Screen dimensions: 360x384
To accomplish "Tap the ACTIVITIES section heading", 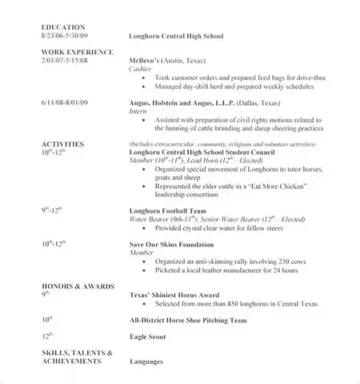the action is (x=62, y=137).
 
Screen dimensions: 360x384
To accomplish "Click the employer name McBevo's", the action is (x=145, y=61).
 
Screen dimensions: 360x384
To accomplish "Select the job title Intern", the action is (x=139, y=113).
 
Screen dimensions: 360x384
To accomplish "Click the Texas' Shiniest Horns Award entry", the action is (x=172, y=294).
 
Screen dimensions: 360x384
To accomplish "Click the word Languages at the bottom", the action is (x=146, y=362).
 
